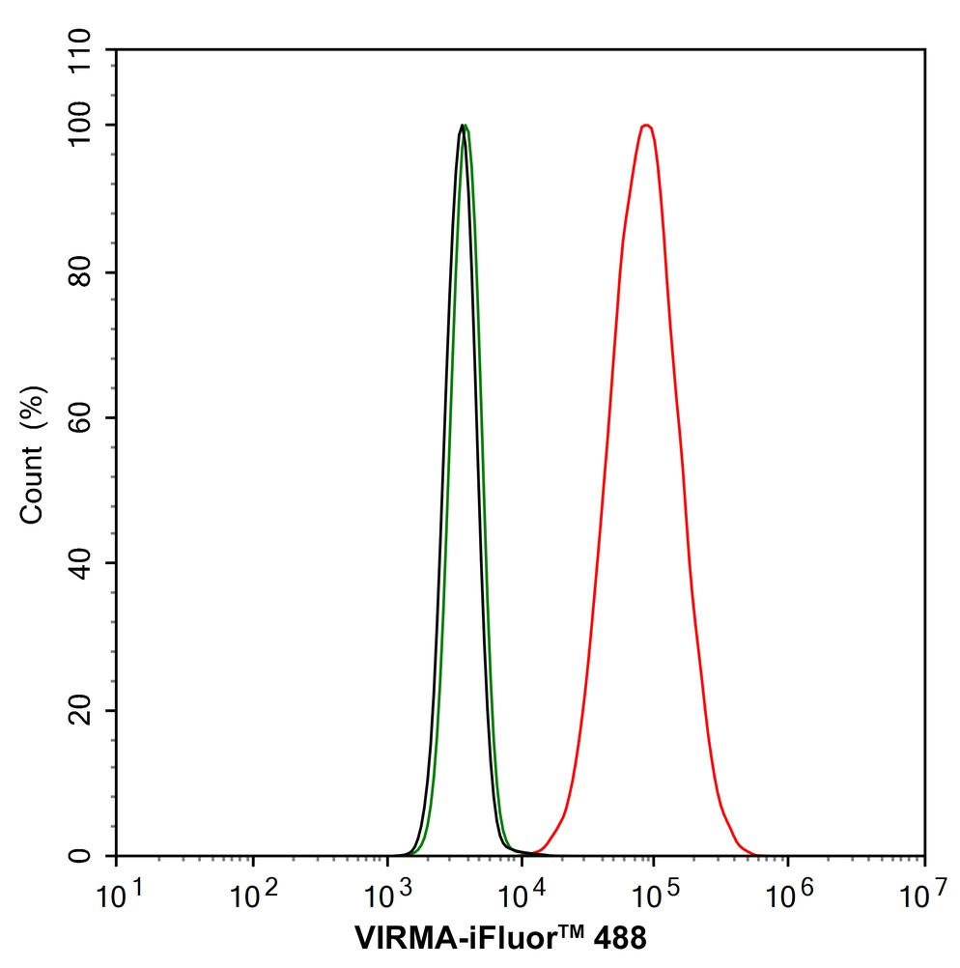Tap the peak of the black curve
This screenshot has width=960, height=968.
pos(462,126)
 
